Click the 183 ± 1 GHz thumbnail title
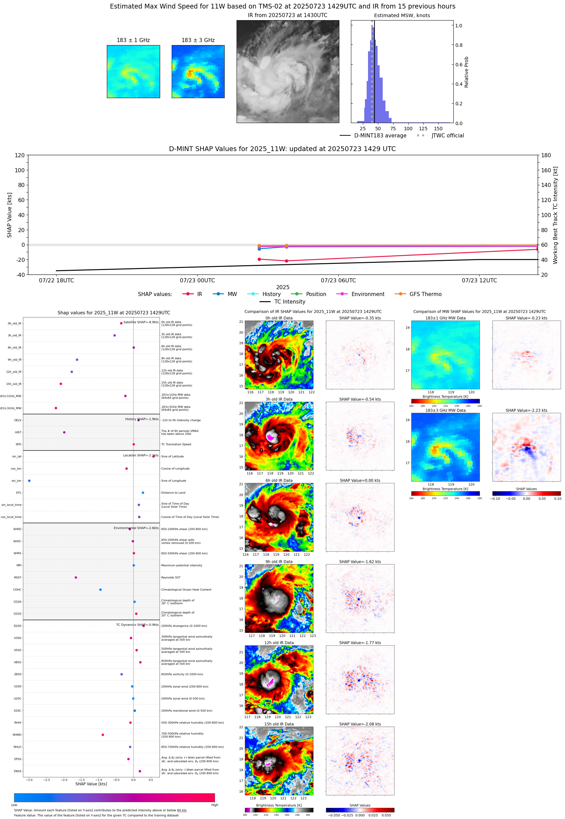pyautogui.click(x=133, y=40)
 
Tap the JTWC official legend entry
pyautogui.click(x=448, y=135)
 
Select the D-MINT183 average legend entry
pyautogui.click(x=380, y=135)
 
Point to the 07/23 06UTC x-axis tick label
pyautogui.click(x=338, y=280)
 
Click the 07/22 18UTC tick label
pyautogui.click(x=56, y=280)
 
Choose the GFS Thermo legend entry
pyautogui.click(x=425, y=294)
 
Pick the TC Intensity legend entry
pyautogui.click(x=289, y=301)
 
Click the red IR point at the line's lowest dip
pyautogui.click(x=286, y=261)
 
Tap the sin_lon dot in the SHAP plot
pyautogui.click(x=29, y=481)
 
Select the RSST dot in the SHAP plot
pyautogui.click(x=76, y=577)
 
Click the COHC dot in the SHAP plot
pyautogui.click(x=100, y=590)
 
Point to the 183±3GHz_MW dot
pyautogui.click(x=56, y=408)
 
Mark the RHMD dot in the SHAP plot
pyautogui.click(x=103, y=735)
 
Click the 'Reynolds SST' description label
pyautogui.click(x=171, y=577)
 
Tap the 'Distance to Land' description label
pyautogui.click(x=173, y=493)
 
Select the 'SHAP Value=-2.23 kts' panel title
pyautogui.click(x=526, y=411)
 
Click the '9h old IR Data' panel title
pyautogui.click(x=279, y=562)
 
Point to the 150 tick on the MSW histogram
pyautogui.click(x=438, y=129)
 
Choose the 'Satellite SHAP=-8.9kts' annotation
pyautogui.click(x=141, y=322)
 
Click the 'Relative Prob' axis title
pyautogui.click(x=466, y=72)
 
